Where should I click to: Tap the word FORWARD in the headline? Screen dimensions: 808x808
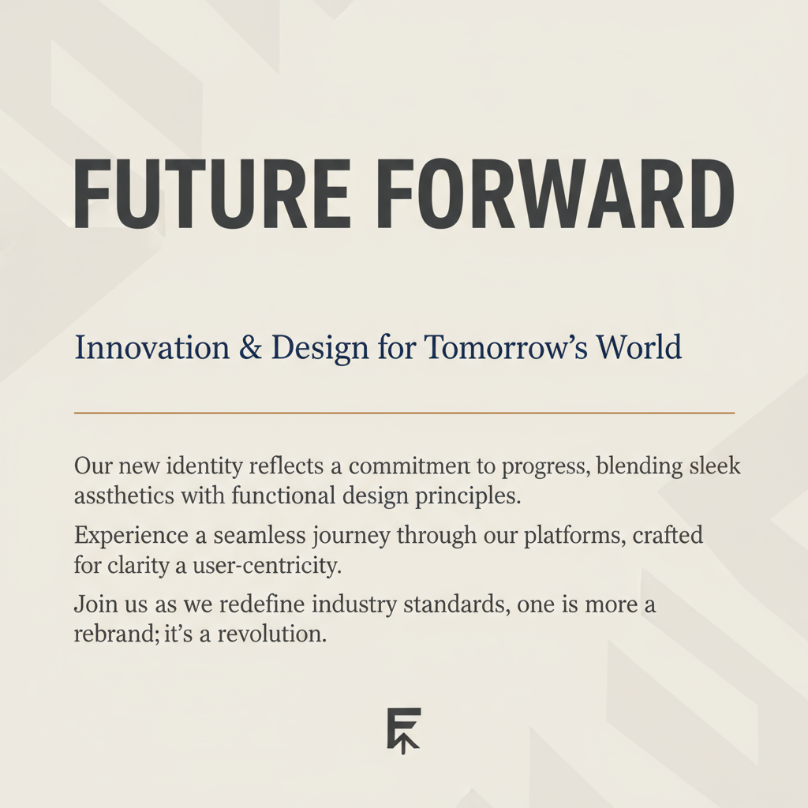tap(555, 193)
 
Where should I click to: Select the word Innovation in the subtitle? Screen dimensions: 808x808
tap(152, 347)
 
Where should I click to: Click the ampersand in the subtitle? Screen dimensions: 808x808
tap(250, 347)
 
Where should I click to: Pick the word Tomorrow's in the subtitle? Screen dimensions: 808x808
tap(506, 347)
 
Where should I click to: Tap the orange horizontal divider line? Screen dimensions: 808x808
tap(404, 413)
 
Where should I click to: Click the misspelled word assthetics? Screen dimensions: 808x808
tap(124, 496)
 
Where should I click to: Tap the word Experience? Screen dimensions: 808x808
tap(132, 536)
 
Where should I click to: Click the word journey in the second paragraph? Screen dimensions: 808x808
tap(351, 537)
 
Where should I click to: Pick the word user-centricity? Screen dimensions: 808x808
tap(267, 566)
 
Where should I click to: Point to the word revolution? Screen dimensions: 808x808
tap(271, 634)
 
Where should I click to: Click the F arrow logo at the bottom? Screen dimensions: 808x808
tap(404, 731)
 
